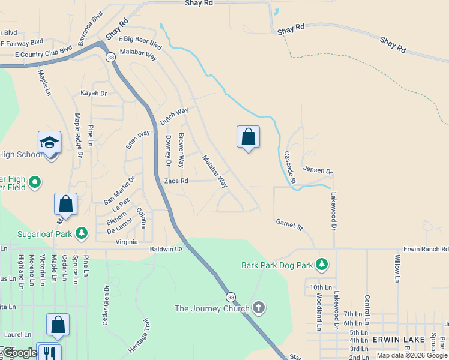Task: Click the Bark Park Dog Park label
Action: coord(278,264)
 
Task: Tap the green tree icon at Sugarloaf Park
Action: coord(82,232)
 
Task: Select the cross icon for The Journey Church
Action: coord(259,308)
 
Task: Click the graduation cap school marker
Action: coord(49,143)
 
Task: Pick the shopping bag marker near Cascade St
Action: coord(248,137)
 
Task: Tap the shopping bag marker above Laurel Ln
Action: coord(58,325)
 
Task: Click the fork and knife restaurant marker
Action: coord(48,353)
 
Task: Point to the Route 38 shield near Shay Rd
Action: coord(110,57)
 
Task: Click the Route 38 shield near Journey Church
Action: coord(231,297)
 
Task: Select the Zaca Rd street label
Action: coord(176,181)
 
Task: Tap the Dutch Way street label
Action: coord(174,116)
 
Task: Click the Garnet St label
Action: coord(289,224)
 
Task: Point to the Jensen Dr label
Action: coord(318,170)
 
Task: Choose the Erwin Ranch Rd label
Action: coord(426,248)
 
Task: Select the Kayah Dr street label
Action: coord(94,94)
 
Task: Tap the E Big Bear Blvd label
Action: coord(140,42)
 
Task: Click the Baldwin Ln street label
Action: coord(166,248)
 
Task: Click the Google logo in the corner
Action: coord(19,353)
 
